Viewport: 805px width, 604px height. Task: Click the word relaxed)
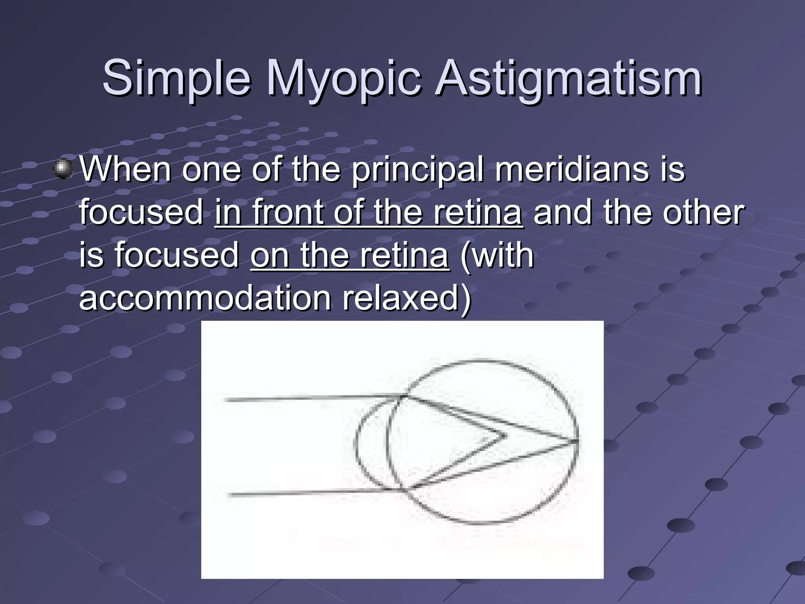pyautogui.click(x=407, y=298)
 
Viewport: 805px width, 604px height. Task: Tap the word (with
pyautogui.click(x=497, y=256)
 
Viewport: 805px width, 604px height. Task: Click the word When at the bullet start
pyautogui.click(x=125, y=169)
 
